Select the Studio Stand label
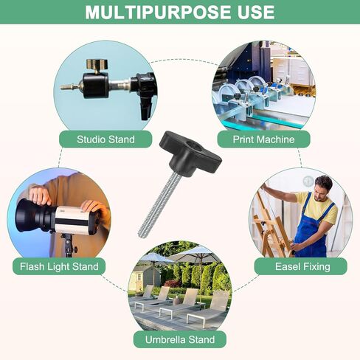pyautogui.click(x=105, y=139)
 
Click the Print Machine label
pyautogui.click(x=263, y=139)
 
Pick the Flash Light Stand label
pyautogui.click(x=59, y=266)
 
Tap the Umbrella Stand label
pyautogui.click(x=180, y=339)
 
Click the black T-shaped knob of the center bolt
pyautogui.click(x=190, y=154)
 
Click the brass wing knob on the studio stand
pyautogui.click(x=97, y=64)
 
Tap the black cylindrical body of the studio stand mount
pyautogui.click(x=95, y=85)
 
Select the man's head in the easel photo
pyautogui.click(x=323, y=187)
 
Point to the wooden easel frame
pyautogui.click(x=271, y=226)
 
